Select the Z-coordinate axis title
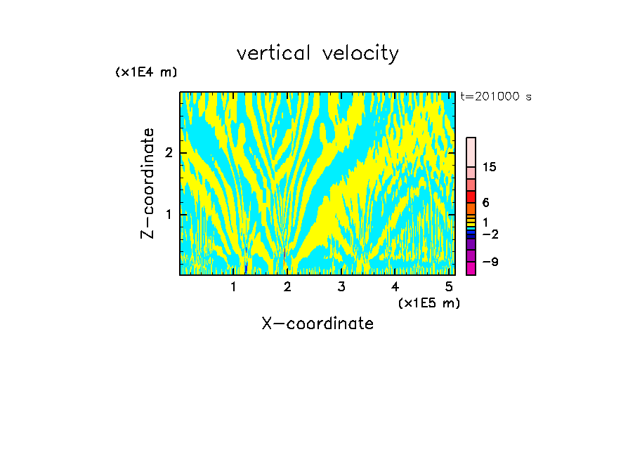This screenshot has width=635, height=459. coord(148,183)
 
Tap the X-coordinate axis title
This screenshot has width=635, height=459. coord(317,324)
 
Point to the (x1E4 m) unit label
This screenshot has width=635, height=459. coord(146,72)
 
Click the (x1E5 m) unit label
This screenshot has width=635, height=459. coord(428,302)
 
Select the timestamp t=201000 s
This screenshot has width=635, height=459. coord(495,96)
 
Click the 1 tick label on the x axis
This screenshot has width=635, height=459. coord(234,286)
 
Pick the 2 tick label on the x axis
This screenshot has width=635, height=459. coord(287,286)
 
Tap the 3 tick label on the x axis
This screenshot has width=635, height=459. coord(341,286)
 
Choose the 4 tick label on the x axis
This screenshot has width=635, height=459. coord(395,286)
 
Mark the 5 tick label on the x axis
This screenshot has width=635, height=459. coord(448,286)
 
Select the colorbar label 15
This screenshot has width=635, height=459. coord(490,167)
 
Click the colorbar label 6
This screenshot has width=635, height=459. coord(485,203)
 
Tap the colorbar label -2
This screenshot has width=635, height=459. coord(490,234)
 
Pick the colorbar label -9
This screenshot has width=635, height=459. coord(490,262)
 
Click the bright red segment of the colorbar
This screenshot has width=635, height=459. coord(471,197)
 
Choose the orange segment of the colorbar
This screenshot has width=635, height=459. coord(471,208)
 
